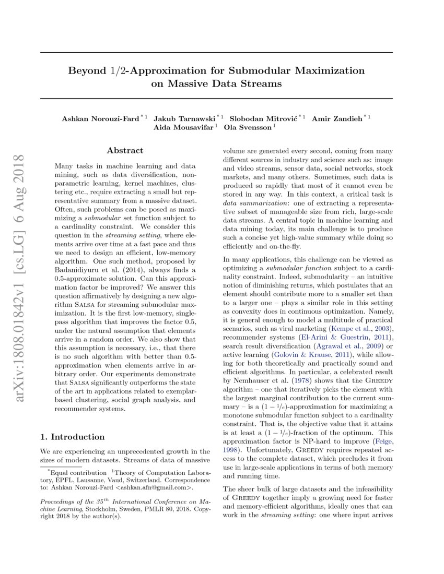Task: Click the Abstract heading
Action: tap(125, 151)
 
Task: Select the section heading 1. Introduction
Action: tap(73, 437)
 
